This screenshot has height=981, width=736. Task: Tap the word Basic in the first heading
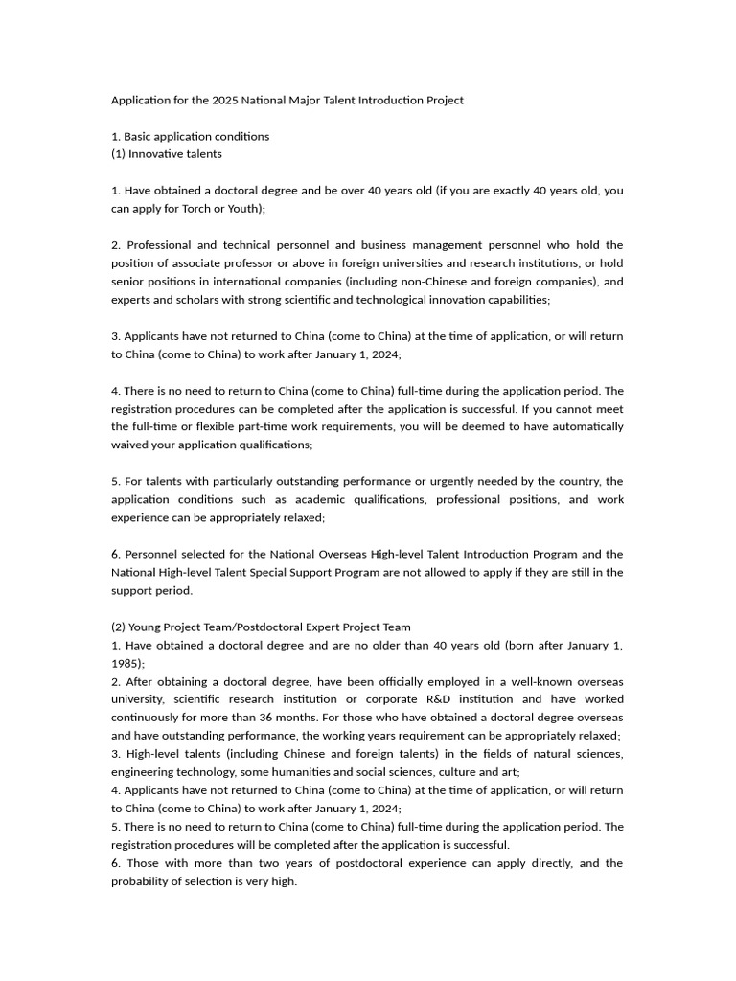point(140,136)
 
